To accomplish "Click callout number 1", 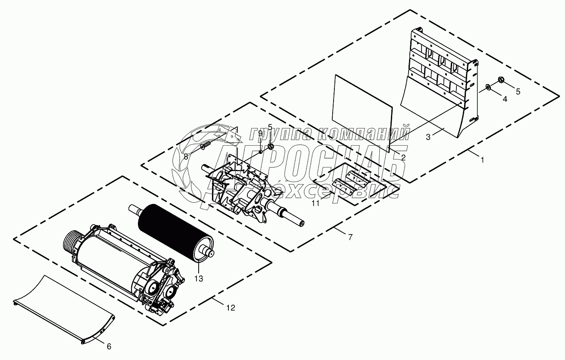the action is click(x=482, y=160).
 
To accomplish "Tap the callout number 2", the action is click(x=403, y=157).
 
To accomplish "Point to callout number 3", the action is click(x=428, y=137).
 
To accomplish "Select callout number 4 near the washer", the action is click(x=504, y=99).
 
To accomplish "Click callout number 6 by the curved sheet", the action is click(x=109, y=346).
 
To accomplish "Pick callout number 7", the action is click(x=350, y=237).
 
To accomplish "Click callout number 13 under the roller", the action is click(x=198, y=279).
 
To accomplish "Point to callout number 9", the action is click(x=260, y=133).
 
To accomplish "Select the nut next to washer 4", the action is click(x=501, y=79).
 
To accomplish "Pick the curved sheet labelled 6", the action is click(x=65, y=308).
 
